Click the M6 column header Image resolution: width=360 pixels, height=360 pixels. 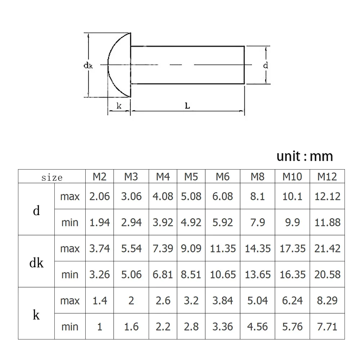pos(222,177)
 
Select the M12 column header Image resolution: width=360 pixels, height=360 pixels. pos(327,177)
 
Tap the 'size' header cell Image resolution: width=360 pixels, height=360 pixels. pos(52,178)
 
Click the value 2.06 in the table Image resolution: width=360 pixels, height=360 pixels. pos(99,196)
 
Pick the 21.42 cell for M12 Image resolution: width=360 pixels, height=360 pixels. pos(327,248)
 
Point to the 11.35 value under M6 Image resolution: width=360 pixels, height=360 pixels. pos(223,248)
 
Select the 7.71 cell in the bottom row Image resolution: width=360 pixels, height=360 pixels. pos(327,327)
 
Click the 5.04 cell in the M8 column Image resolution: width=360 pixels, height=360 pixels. pos(257,301)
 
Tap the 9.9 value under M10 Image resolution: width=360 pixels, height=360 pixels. pos(292,222)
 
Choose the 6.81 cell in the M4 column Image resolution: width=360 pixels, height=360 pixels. pos(163,275)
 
